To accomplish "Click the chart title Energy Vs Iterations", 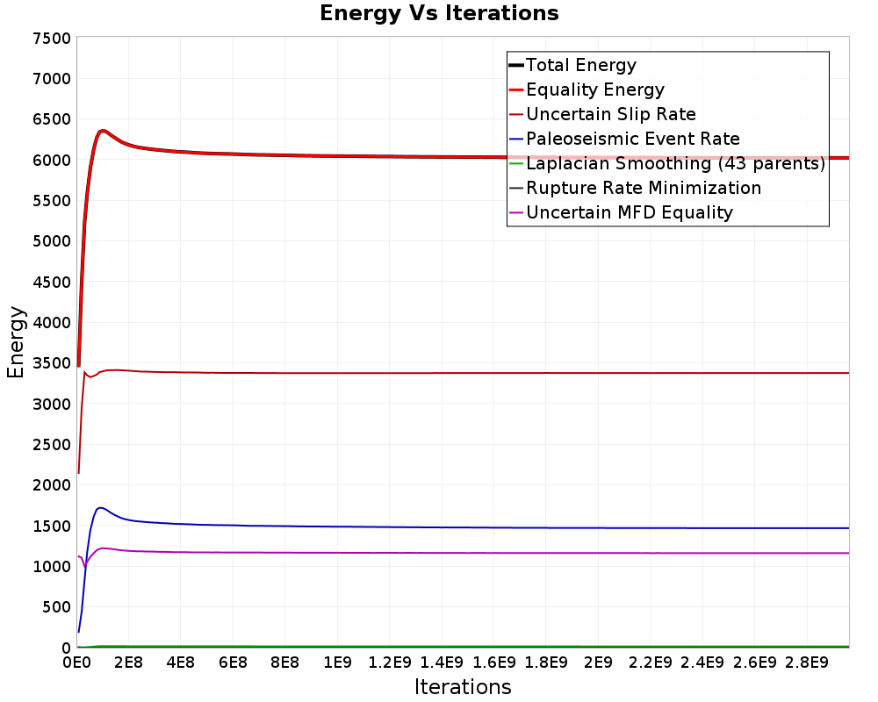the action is (439, 13).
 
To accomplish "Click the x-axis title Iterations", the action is (463, 686).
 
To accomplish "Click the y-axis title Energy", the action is (16, 342).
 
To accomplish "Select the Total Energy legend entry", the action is (572, 65).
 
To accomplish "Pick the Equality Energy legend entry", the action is (587, 90).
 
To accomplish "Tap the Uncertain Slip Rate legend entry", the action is (602, 114).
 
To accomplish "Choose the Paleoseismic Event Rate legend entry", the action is (623, 139).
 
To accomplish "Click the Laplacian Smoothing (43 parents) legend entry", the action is (667, 163).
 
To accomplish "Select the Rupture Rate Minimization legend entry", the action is (635, 188).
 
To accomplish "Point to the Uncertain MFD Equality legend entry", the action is (621, 212).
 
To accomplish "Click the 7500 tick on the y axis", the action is (52, 39).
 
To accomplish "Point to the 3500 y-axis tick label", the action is (52, 363).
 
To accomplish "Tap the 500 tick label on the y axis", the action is (56, 607).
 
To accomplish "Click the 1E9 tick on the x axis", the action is (337, 663).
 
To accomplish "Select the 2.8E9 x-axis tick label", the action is (807, 663).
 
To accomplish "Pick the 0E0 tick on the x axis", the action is (76, 663).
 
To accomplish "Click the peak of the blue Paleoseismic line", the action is (100, 508).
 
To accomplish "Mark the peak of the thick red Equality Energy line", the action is (102, 131).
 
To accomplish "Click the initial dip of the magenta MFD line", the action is (85, 566).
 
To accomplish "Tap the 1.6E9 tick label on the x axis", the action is (493, 663).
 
